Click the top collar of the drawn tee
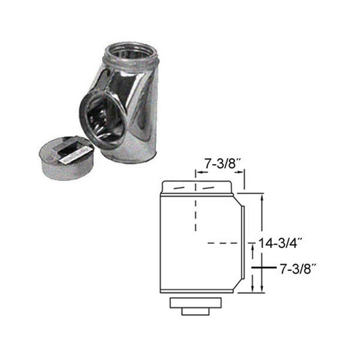point(200,186)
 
